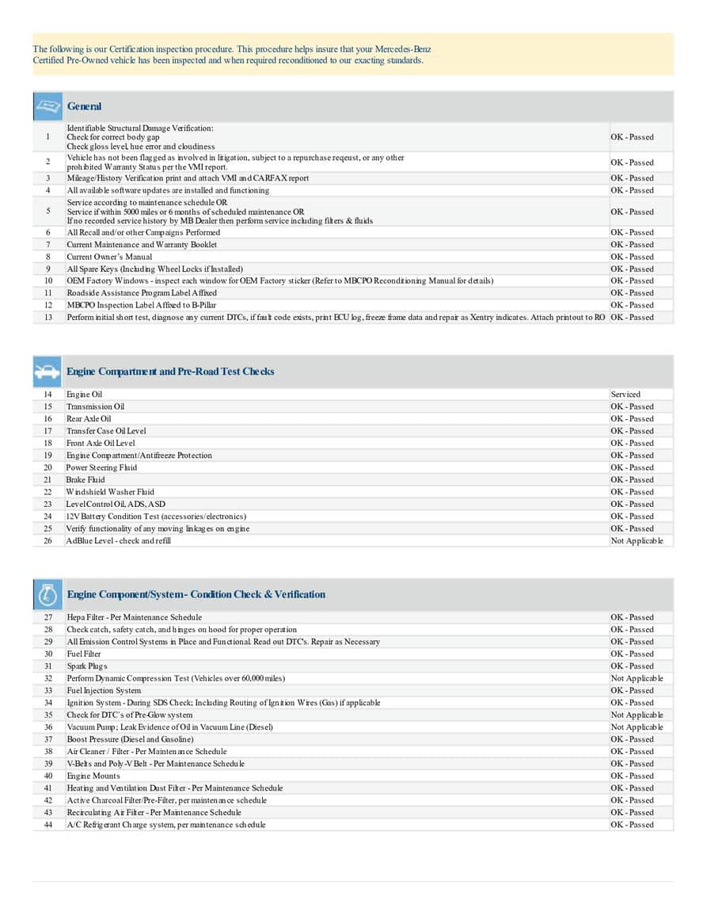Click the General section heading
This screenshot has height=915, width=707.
[84, 106]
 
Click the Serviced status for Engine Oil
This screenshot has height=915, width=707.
[625, 395]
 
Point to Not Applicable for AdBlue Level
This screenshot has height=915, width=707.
[637, 541]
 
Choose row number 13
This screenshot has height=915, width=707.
[48, 318]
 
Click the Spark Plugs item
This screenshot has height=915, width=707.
[87, 666]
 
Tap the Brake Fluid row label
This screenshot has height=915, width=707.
[86, 480]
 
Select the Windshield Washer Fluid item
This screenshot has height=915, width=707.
[110, 492]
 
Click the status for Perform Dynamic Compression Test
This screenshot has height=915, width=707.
[637, 678]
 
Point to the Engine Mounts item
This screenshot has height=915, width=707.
[93, 776]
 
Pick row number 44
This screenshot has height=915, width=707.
[48, 825]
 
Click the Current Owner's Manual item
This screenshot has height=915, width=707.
[109, 257]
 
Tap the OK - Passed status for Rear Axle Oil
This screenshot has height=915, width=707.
[632, 419]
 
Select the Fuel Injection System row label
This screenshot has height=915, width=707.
[104, 691]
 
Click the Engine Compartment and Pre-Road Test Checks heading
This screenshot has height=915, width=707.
[170, 372]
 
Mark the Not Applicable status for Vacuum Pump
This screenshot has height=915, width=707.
[637, 727]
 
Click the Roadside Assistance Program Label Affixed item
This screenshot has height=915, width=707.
[141, 293]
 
